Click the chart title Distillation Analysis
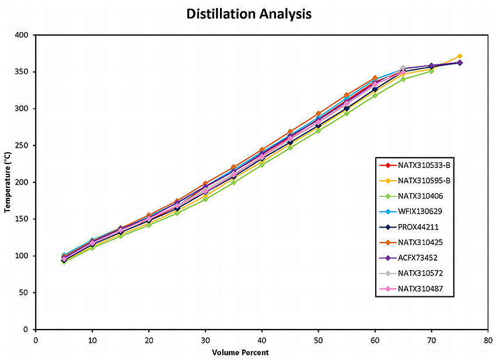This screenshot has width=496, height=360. pyautogui.click(x=249, y=13)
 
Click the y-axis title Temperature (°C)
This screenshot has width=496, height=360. pyautogui.click(x=8, y=181)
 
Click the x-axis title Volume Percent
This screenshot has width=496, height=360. pyautogui.click(x=240, y=352)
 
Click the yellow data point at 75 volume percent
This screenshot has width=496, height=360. pyautogui.click(x=460, y=56)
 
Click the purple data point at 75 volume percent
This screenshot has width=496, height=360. pyautogui.click(x=460, y=62)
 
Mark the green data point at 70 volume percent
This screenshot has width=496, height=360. pyautogui.click(x=431, y=71)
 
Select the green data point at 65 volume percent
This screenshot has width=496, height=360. pyautogui.click(x=403, y=79)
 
